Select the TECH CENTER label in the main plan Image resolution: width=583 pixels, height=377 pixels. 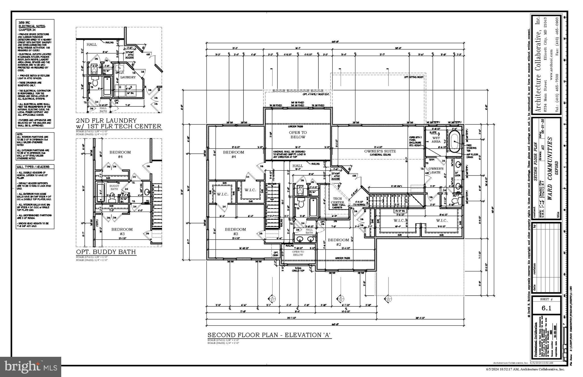click(x=337, y=200)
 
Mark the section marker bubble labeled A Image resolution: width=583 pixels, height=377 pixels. click(x=272, y=298)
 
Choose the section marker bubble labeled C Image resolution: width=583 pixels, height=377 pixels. click(x=388, y=298)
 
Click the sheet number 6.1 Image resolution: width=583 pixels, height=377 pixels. click(x=546, y=308)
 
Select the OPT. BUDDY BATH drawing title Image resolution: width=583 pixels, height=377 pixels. click(x=106, y=252)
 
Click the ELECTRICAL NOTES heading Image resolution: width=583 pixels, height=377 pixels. click(x=32, y=26)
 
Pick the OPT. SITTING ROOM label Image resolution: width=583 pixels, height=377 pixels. click(x=413, y=77)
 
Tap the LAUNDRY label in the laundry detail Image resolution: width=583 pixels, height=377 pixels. click(x=128, y=77)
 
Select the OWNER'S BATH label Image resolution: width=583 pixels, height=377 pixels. click(x=436, y=170)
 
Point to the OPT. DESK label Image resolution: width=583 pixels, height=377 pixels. click(x=275, y=254)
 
